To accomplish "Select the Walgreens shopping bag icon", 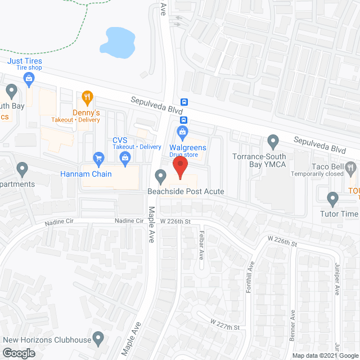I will pyautogui.click(x=182, y=133).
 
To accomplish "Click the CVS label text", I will pyautogui.click(x=120, y=140).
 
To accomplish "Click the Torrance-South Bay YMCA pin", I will pyautogui.click(x=273, y=140).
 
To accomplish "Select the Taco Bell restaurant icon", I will pyautogui.click(x=352, y=166).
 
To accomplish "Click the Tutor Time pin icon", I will pyautogui.click(x=332, y=198).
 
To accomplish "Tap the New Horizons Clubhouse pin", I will pyautogui.click(x=99, y=339).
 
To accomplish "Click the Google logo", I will pyautogui.click(x=18, y=353).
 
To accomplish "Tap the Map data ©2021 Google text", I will pyautogui.click(x=325, y=355).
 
